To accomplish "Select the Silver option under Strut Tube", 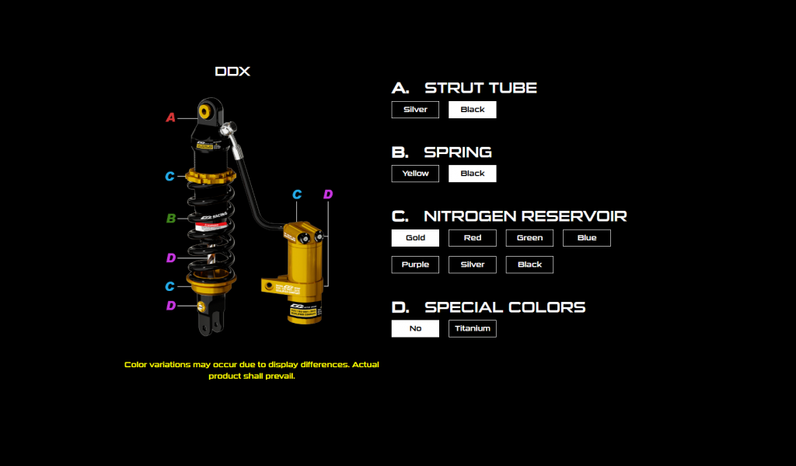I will pyautogui.click(x=415, y=110).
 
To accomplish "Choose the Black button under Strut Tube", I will pyautogui.click(x=472, y=110).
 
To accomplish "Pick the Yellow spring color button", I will pyautogui.click(x=415, y=173).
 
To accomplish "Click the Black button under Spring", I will pyautogui.click(x=472, y=173).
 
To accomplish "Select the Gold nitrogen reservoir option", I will pyautogui.click(x=415, y=238).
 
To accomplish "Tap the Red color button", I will pyautogui.click(x=472, y=238).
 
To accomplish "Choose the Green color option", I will pyautogui.click(x=529, y=238).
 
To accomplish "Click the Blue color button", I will pyautogui.click(x=587, y=238).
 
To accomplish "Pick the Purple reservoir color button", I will pyautogui.click(x=415, y=265).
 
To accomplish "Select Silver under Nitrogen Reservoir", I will pyautogui.click(x=472, y=265).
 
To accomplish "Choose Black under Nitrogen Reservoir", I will pyautogui.click(x=529, y=265).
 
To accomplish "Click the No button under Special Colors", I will pyautogui.click(x=415, y=328).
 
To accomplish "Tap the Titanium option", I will pyautogui.click(x=472, y=328).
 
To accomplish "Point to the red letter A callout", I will pyautogui.click(x=171, y=117).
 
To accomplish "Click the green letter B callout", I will pyautogui.click(x=171, y=219).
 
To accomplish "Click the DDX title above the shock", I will pyautogui.click(x=232, y=72).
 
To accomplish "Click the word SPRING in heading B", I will pyautogui.click(x=458, y=152).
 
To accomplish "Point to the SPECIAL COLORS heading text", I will pyautogui.click(x=504, y=307).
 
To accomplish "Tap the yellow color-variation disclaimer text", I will pyautogui.click(x=251, y=370).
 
